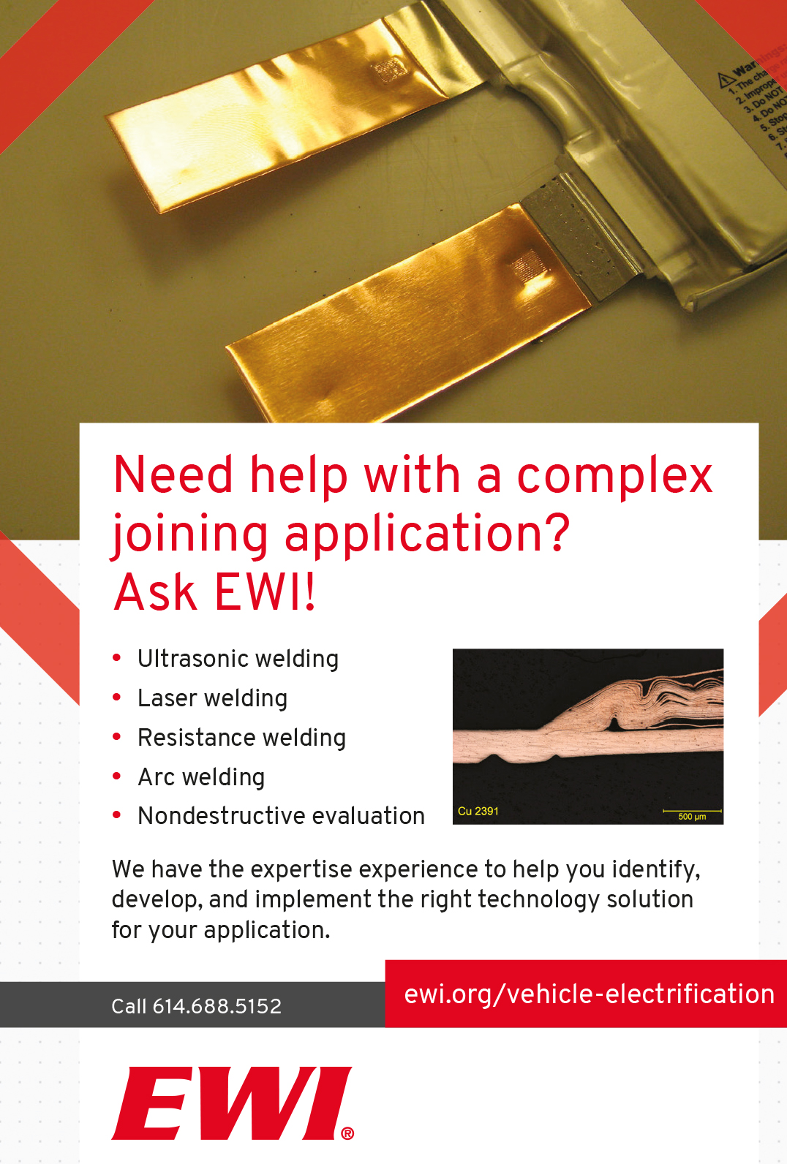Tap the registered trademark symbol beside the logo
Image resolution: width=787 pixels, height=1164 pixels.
tap(347, 1133)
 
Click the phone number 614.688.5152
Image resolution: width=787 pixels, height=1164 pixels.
tap(216, 1006)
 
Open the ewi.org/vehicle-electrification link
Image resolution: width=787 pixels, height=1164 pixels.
tap(589, 994)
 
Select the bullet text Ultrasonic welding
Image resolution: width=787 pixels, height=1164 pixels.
tap(238, 659)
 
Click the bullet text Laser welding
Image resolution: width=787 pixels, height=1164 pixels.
tap(212, 698)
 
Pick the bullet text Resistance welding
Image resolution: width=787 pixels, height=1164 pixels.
tap(241, 738)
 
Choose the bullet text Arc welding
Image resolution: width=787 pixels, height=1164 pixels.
tap(201, 777)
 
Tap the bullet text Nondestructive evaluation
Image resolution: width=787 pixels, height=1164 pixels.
tap(281, 816)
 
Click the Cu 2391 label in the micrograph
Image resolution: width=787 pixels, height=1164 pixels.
tap(478, 811)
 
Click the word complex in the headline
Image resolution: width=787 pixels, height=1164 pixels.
tap(614, 475)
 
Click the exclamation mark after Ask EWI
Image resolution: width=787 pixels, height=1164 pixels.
tap(311, 592)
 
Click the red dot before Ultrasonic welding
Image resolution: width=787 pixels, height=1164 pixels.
tap(117, 658)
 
